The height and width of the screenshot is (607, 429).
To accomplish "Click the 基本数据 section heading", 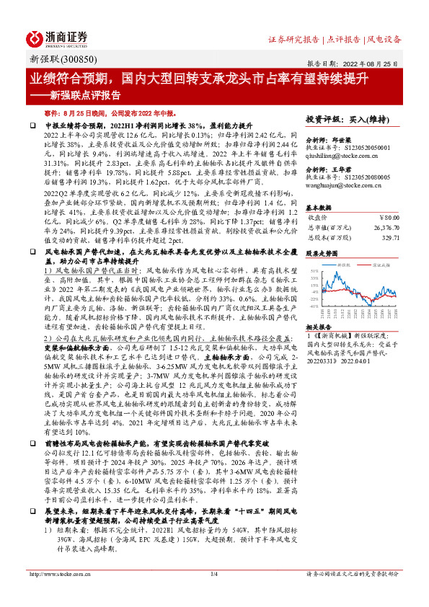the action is tap(320, 206).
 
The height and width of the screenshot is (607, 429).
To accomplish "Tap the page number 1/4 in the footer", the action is tap(213, 594).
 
